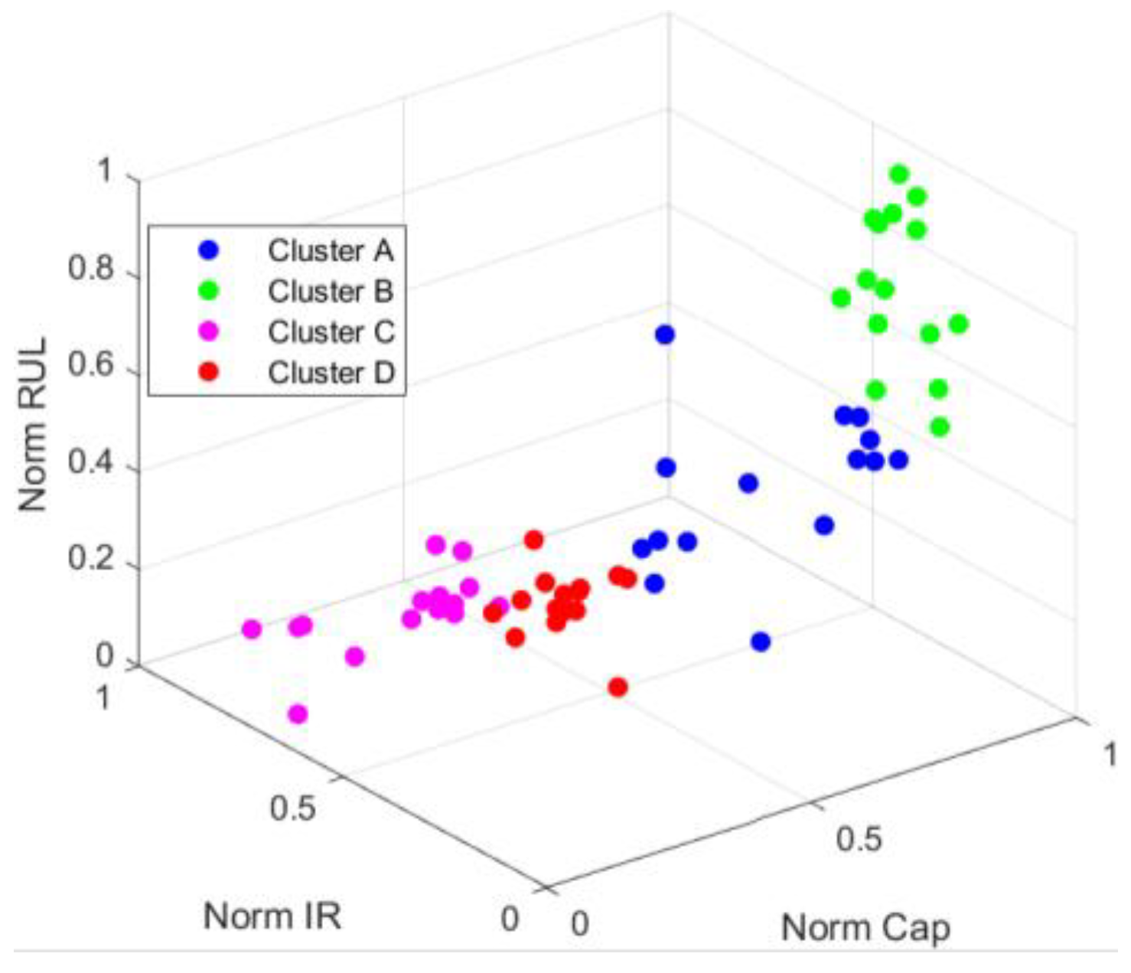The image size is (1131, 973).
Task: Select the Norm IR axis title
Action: pyautogui.click(x=272, y=916)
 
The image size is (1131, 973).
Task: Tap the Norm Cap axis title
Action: pyautogui.click(x=865, y=928)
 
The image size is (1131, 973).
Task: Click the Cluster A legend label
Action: pyautogui.click(x=331, y=250)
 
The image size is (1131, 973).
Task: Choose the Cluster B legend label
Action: pyautogui.click(x=331, y=291)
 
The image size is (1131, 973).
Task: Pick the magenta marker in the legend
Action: pyautogui.click(x=208, y=331)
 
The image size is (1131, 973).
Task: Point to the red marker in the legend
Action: pyautogui.click(x=208, y=372)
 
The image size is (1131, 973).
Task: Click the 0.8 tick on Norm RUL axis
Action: pyautogui.click(x=90, y=269)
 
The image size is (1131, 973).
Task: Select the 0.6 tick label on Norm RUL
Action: pyautogui.click(x=90, y=366)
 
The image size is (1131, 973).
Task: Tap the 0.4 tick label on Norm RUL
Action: pyautogui.click(x=90, y=463)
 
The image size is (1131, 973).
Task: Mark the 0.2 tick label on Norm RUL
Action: pyautogui.click(x=90, y=560)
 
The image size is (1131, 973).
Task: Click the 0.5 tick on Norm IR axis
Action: pyautogui.click(x=292, y=807)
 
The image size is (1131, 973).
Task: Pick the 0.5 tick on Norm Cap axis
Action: pyautogui.click(x=859, y=838)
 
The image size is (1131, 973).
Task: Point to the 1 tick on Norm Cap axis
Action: pyautogui.click(x=1108, y=754)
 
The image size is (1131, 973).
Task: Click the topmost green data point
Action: pyautogui.click(x=899, y=175)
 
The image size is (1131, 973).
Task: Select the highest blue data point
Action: pyautogui.click(x=665, y=335)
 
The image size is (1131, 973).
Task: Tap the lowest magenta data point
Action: pyautogui.click(x=298, y=714)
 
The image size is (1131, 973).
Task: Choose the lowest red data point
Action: pyautogui.click(x=618, y=687)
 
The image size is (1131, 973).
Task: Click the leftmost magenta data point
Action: pyautogui.click(x=252, y=629)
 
